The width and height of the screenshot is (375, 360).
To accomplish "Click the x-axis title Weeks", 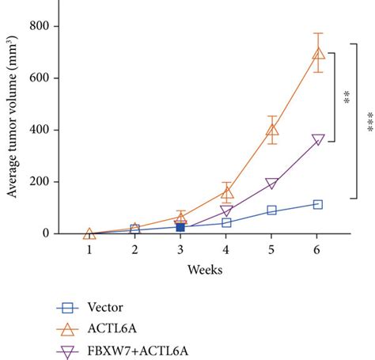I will [204, 270].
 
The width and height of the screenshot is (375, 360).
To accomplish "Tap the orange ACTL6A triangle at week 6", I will [318, 54].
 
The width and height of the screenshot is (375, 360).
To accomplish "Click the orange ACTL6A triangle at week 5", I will [272, 130].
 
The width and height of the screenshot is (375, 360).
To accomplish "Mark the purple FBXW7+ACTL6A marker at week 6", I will [318, 140].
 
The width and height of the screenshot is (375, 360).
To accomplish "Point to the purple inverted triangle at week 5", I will [272, 184].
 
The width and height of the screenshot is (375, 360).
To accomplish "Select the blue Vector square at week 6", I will [318, 204].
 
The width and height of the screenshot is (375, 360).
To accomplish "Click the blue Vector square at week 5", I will [272, 210].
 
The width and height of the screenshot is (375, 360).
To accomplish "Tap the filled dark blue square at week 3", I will [180, 227].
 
